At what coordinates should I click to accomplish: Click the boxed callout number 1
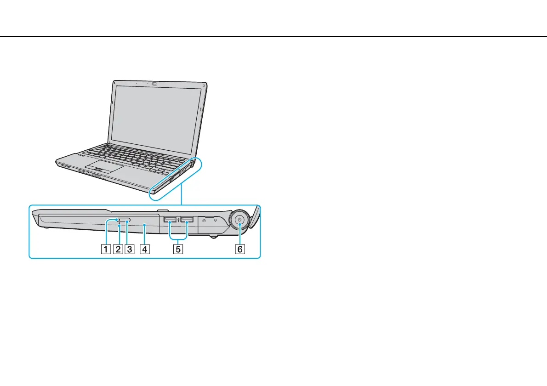[106, 250]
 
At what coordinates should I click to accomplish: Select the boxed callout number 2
[118, 250]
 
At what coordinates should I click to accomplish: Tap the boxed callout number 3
[129, 250]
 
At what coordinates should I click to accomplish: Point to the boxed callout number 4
[145, 250]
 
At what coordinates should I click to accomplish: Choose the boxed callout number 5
[179, 250]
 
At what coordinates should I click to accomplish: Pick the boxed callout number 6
[238, 250]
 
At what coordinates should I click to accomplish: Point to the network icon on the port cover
[204, 220]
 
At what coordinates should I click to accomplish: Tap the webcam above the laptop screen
[154, 84]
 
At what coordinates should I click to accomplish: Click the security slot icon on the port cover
[215, 220]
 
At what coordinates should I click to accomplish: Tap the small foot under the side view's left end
[45, 227]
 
